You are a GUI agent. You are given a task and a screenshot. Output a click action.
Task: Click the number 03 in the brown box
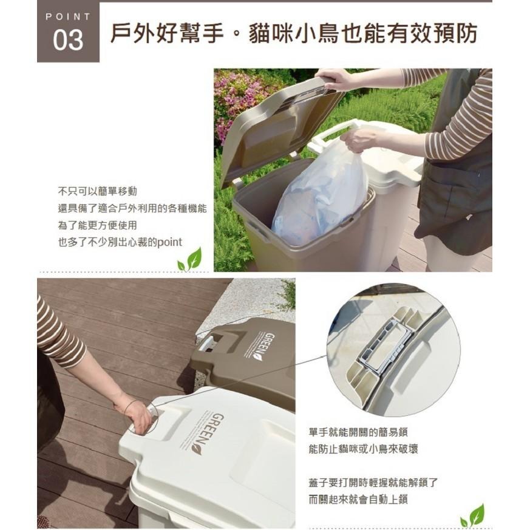(x=68, y=40)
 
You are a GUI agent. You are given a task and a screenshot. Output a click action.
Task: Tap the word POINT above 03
(x=68, y=16)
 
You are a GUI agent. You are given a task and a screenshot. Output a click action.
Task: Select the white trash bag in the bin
(x=321, y=194)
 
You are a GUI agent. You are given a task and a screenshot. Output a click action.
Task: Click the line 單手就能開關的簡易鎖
(x=358, y=432)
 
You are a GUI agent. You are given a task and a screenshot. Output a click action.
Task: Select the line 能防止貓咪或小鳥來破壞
(x=363, y=449)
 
